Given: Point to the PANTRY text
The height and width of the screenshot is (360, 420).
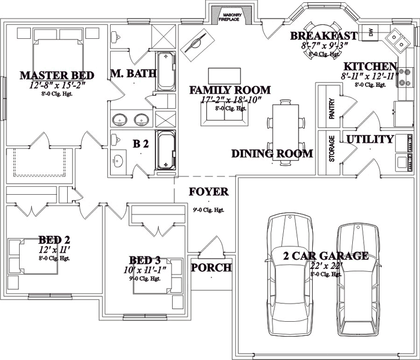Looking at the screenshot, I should [332, 108].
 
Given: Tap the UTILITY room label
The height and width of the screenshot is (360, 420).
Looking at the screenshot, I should [370, 139].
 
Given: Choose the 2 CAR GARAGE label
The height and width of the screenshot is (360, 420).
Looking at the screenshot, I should [325, 256].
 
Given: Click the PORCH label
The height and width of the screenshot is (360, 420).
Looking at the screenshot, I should [211, 268].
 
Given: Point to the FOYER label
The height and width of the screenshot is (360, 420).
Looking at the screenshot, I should [209, 192].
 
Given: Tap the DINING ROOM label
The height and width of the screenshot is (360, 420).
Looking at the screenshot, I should [272, 154].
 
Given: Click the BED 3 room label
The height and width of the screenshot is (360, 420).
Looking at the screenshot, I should [146, 261].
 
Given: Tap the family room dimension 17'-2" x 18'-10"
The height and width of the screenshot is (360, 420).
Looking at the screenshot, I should [229, 100].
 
